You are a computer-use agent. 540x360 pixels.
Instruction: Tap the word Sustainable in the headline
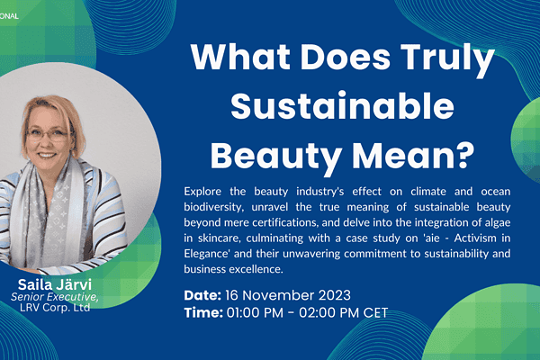pos(343,105)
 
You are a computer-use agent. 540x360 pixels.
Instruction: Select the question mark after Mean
pos(463,155)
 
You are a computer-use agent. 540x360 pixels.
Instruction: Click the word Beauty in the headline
pos(276,157)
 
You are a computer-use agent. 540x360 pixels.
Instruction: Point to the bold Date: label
pos(202,295)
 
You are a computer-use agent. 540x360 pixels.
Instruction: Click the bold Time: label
pos(203,312)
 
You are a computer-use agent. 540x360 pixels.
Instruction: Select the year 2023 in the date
pos(335,295)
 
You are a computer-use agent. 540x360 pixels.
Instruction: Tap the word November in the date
pos(279,295)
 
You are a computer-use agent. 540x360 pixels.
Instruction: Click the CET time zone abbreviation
pos(375,312)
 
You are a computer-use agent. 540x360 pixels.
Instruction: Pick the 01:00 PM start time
pos(255,312)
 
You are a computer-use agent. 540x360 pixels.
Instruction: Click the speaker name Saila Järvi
pos(55,284)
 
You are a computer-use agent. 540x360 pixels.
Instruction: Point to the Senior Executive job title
pos(54,297)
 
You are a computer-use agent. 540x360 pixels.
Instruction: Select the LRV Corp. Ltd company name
pos(55,307)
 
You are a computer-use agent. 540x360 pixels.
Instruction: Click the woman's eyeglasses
pos(48,134)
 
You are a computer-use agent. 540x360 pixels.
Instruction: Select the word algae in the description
pos(498,223)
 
